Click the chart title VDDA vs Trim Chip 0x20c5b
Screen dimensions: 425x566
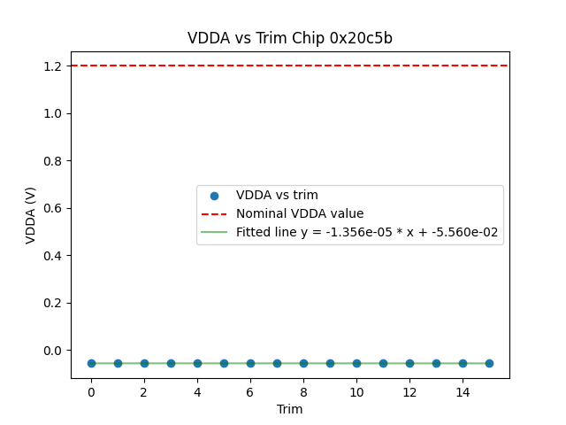pyautogui.click(x=290, y=39)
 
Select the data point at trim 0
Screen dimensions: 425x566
pyautogui.click(x=91, y=363)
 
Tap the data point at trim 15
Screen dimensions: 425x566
pyautogui.click(x=489, y=363)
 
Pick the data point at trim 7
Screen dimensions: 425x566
pyautogui.click(x=277, y=363)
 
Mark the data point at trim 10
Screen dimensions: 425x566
pyautogui.click(x=356, y=363)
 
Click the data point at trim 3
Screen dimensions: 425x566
pyautogui.click(x=171, y=363)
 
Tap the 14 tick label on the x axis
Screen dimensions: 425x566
pyautogui.click(x=463, y=392)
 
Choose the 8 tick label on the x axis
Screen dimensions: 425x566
pyautogui.click(x=303, y=392)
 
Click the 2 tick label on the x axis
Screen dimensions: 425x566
pyautogui.click(x=144, y=392)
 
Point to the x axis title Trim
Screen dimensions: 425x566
pyautogui.click(x=290, y=409)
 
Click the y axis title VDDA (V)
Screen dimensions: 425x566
pyautogui.click(x=32, y=215)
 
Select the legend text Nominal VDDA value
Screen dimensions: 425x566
pyautogui.click(x=300, y=213)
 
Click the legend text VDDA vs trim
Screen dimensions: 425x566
pyautogui.click(x=277, y=195)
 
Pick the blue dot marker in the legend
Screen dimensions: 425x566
pyautogui.click(x=214, y=195)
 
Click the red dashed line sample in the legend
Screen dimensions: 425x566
pyautogui.click(x=214, y=213)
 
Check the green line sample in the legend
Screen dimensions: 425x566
pyautogui.click(x=214, y=232)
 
